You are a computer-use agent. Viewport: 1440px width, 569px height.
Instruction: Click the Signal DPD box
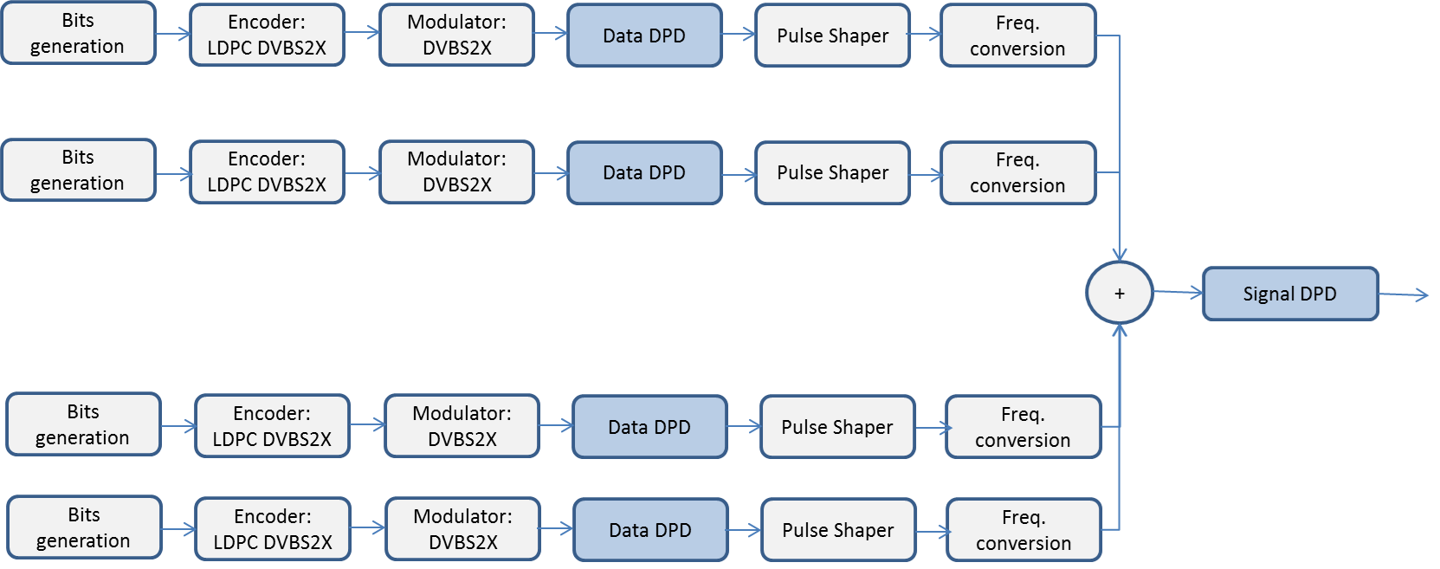click(1289, 294)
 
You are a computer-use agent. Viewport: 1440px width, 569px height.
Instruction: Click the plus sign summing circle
click(1119, 294)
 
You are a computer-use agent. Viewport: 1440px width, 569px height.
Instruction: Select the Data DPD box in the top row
click(644, 36)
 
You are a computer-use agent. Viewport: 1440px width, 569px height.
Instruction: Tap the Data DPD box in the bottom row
click(650, 530)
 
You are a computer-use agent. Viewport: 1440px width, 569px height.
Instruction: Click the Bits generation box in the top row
click(78, 33)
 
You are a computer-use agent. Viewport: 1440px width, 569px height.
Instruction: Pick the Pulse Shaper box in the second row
click(832, 172)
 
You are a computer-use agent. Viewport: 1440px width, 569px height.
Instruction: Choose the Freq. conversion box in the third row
click(1023, 427)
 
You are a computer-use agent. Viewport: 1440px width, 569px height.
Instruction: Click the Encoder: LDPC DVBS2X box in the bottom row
click(273, 529)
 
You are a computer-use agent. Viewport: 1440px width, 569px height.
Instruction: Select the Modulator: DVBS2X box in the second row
click(456, 171)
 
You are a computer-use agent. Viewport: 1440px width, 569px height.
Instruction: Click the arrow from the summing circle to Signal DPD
click(1178, 293)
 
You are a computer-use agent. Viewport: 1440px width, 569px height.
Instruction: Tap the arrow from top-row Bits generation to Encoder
click(173, 34)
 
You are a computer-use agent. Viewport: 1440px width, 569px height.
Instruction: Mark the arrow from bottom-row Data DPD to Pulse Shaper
click(745, 530)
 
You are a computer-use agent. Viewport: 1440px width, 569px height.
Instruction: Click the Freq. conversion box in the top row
click(1017, 36)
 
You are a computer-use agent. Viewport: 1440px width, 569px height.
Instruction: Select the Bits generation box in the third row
click(83, 424)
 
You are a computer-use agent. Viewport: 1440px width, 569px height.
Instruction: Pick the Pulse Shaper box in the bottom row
click(837, 530)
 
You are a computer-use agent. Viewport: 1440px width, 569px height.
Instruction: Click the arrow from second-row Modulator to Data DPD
click(551, 173)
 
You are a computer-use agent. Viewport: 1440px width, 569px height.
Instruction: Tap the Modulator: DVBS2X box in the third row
click(462, 426)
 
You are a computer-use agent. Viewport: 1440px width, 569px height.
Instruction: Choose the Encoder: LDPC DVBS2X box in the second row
click(267, 171)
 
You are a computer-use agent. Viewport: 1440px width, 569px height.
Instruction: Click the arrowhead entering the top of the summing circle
click(1120, 255)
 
